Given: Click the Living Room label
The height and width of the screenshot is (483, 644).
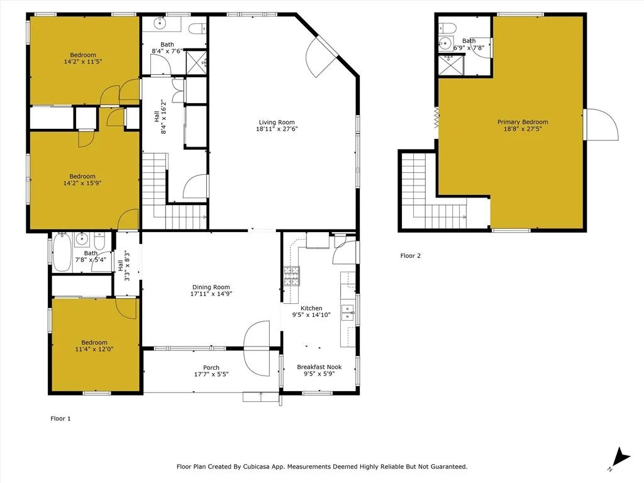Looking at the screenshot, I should tap(277, 123).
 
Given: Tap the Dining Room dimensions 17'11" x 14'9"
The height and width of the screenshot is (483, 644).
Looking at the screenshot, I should tap(211, 294).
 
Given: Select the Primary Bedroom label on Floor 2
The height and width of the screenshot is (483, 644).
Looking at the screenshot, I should tap(523, 122).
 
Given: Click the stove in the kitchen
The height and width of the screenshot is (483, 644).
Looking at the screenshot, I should tap(292, 276).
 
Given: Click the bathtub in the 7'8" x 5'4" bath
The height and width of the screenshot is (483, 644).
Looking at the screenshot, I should tap(62, 252).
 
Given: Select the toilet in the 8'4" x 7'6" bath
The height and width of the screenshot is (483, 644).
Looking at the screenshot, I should tap(197, 28).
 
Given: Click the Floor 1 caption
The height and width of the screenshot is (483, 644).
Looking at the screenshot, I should tap(60, 418).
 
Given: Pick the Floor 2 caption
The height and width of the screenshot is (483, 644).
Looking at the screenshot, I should tap(411, 256).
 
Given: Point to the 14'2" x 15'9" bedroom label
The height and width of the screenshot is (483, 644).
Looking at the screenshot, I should tap(82, 176).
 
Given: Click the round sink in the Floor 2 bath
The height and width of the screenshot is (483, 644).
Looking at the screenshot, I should tap(446, 44).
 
